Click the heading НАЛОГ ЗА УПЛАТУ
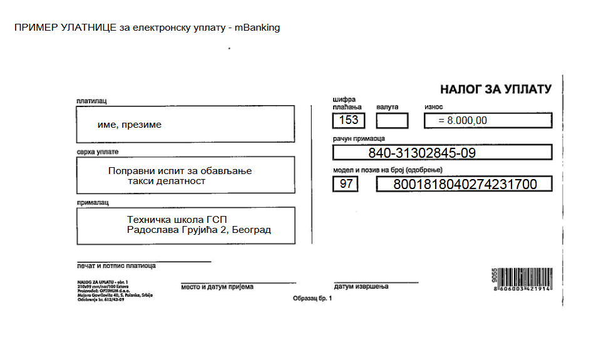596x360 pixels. [495, 89]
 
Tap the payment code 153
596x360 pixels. [348, 120]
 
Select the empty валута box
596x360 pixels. [393, 120]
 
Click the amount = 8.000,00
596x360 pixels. [463, 120]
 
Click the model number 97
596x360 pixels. [345, 184]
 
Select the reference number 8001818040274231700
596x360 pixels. [465, 184]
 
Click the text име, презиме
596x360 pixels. [130, 125]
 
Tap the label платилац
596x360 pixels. [92, 101]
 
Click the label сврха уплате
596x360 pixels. [97, 152]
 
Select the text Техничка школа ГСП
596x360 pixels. [177, 220]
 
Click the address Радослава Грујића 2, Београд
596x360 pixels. [198, 230]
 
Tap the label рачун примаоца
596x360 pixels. [359, 138]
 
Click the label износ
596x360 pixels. [433, 107]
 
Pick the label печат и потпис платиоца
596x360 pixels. [116, 265]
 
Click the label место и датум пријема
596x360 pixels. [217, 287]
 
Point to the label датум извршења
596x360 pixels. [361, 286]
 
